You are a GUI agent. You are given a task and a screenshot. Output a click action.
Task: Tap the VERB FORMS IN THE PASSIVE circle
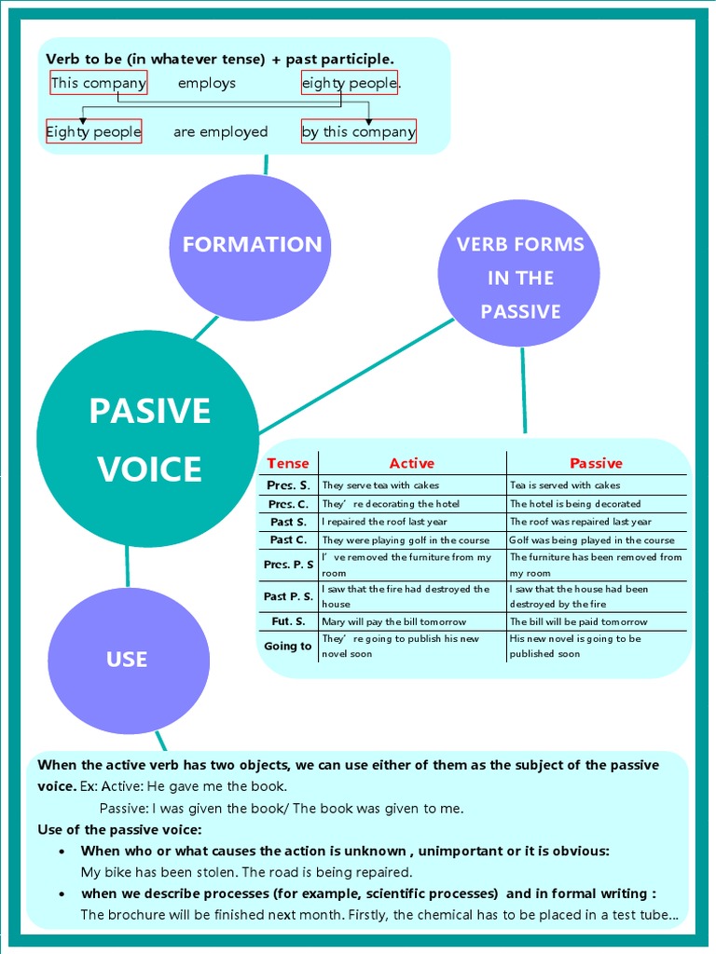coord(519,277)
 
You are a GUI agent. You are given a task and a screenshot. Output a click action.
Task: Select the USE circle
coord(128,660)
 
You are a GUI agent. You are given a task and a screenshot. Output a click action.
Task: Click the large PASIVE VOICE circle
coord(149,439)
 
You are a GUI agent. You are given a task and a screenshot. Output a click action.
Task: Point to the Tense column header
coord(287,463)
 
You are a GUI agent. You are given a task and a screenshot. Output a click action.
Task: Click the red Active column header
coord(412,463)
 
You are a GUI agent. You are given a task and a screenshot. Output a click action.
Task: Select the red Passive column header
coord(596,463)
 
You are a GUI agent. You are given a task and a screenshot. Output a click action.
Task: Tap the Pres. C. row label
coord(287,504)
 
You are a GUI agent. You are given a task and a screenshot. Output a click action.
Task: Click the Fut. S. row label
coord(287,621)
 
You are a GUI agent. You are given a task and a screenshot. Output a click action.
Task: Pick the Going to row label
coord(287,646)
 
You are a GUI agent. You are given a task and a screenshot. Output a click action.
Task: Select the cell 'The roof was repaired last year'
coord(580,522)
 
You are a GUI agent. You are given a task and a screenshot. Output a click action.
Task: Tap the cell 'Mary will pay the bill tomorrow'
coord(393,621)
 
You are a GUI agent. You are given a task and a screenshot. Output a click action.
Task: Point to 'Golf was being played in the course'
coord(592,540)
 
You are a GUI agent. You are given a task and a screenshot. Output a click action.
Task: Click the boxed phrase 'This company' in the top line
coord(98,83)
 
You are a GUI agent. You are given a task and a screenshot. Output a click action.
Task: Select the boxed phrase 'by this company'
coord(359,131)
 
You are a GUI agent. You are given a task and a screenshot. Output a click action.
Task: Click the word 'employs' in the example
coord(207,83)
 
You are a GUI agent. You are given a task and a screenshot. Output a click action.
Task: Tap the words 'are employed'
coord(220,131)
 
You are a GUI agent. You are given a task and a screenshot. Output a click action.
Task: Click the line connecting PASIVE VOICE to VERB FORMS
coord(357,375)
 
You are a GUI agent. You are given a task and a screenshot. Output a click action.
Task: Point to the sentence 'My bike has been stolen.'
coord(159,873)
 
